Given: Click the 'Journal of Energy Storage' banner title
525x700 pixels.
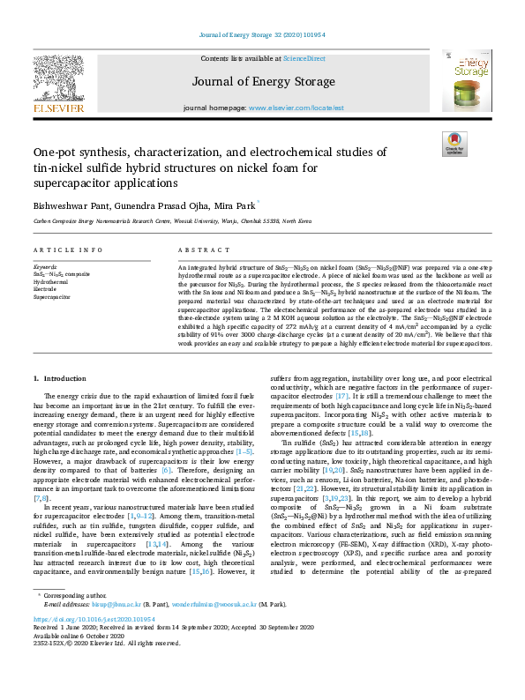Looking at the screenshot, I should coord(262,81).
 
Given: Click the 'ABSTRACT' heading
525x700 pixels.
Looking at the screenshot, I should coord(198,250).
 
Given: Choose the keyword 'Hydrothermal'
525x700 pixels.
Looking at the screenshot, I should coord(52,281).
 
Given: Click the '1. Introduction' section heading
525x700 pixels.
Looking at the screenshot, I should coord(60,378).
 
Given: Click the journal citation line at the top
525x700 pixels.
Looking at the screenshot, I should coord(262,37).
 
